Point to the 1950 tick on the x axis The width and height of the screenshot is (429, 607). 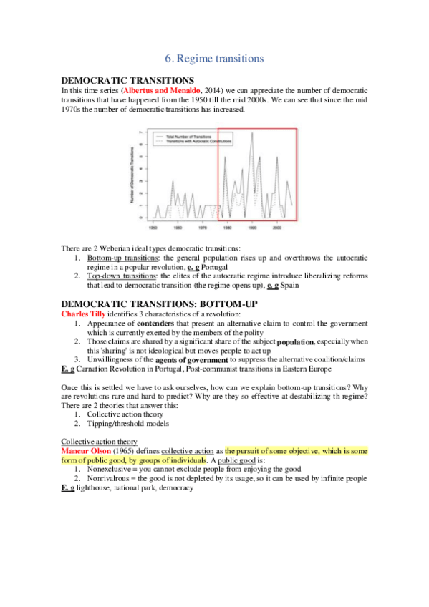coord(153,228)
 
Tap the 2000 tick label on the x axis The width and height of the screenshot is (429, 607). coord(277,228)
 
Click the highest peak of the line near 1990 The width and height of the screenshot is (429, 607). coord(251,133)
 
